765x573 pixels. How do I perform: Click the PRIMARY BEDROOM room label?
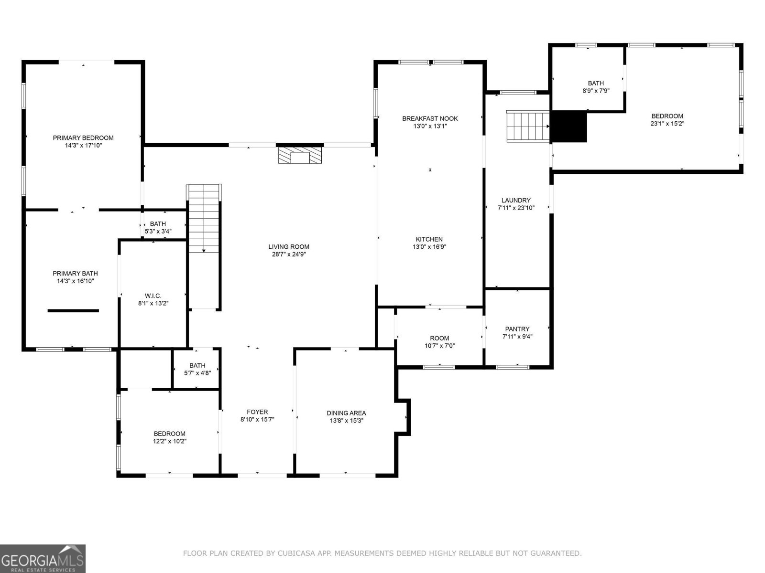(x=83, y=138)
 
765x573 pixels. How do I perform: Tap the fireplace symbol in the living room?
(x=300, y=155)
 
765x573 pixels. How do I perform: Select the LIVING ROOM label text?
(x=289, y=247)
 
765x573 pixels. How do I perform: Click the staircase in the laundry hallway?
(x=528, y=126)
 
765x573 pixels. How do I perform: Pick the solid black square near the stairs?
(x=568, y=127)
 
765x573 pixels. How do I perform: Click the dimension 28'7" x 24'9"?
(x=289, y=255)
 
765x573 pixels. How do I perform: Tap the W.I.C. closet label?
(x=153, y=296)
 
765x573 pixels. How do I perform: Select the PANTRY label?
(x=517, y=329)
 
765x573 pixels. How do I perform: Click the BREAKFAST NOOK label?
(x=430, y=118)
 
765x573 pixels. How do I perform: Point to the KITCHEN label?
(x=429, y=239)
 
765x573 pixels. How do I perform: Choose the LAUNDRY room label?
(x=516, y=200)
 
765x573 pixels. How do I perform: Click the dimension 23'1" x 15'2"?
(x=667, y=124)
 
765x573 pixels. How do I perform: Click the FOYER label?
(x=257, y=412)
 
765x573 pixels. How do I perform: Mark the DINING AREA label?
(x=346, y=413)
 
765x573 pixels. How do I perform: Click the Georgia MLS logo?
(x=43, y=559)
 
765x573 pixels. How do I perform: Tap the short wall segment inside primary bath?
(x=73, y=311)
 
